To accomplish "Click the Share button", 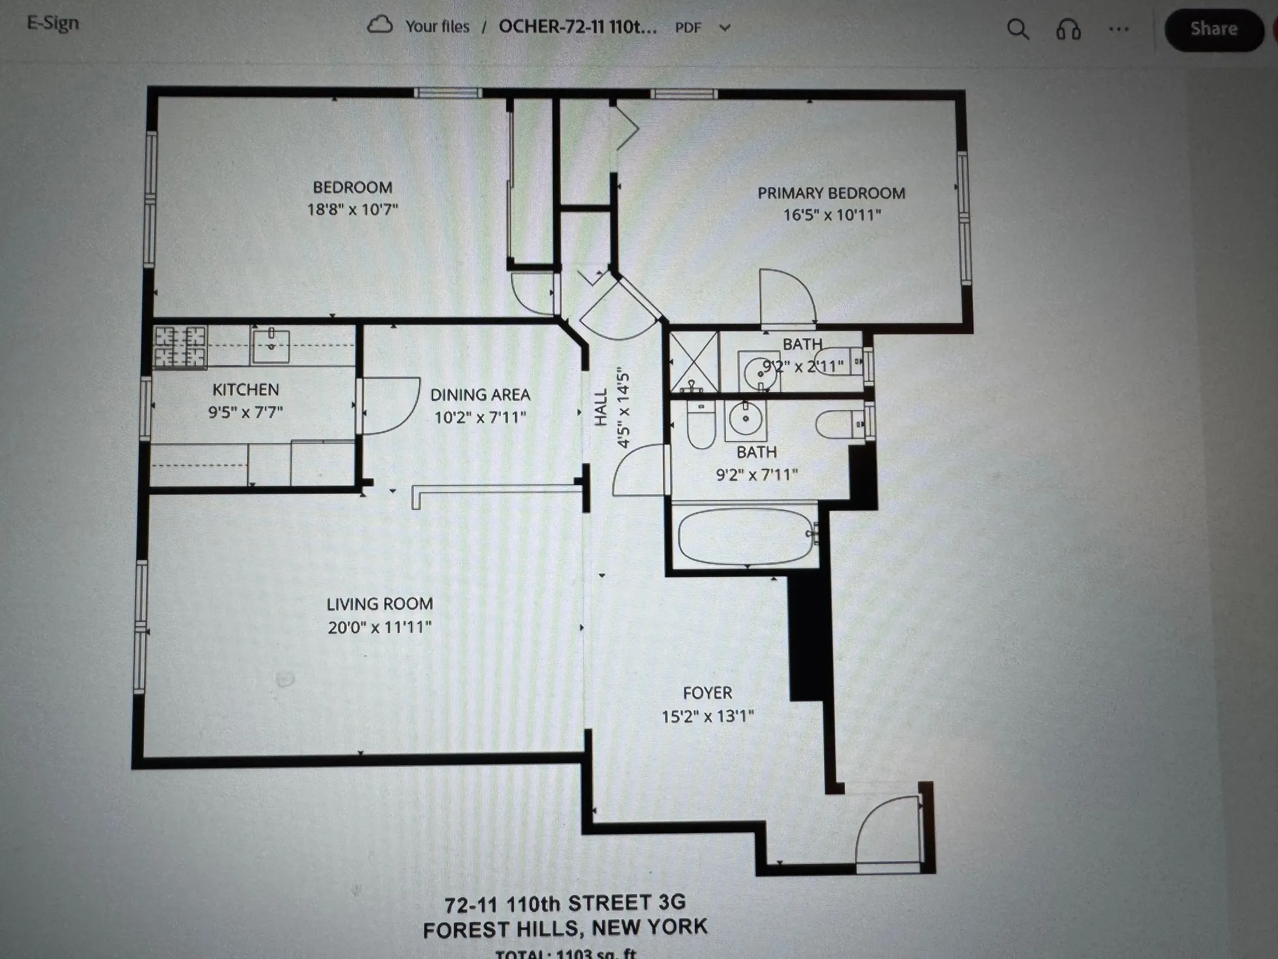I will coord(1213,29).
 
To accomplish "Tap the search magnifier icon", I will coord(1017,29).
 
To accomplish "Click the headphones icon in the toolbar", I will coord(1068,29).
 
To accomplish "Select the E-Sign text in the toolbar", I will coord(53,23).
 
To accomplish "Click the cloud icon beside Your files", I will coord(380,25).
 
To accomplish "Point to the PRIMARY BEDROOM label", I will coord(831,193).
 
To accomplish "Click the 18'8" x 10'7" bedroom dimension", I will coord(352,209).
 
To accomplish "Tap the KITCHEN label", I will coord(245,389).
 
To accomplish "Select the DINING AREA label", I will coord(480,395).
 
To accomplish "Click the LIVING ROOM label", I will coord(380,604).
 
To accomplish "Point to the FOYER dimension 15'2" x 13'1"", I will coord(707,716).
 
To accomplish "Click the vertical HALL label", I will coord(601,407).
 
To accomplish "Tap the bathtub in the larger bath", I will coord(745,536).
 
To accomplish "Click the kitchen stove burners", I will coord(180,347).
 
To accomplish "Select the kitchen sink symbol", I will coord(271,345).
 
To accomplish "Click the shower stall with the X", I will coord(695,362).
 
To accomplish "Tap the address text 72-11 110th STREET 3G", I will coord(565,903).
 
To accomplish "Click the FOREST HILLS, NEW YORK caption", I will coord(565,929).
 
